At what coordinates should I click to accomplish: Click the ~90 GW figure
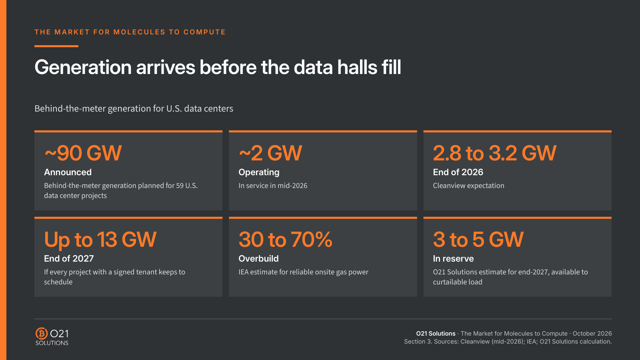click(83, 153)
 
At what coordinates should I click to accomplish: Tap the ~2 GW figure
click(270, 153)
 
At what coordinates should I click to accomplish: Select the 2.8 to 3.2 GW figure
click(494, 153)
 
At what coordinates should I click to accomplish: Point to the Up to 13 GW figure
click(100, 240)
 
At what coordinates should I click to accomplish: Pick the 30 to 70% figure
click(285, 240)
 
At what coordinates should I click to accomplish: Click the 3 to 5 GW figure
click(478, 240)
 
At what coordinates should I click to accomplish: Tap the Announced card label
click(68, 172)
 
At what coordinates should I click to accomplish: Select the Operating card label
click(259, 172)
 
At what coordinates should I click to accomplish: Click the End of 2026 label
click(458, 172)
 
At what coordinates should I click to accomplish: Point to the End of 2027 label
click(69, 258)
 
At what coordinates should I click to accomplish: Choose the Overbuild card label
click(258, 258)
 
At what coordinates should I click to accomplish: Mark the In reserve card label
click(453, 258)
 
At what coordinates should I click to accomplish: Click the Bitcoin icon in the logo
click(42, 334)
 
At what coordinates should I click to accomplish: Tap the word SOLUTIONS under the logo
click(52, 343)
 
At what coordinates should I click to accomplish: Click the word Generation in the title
click(83, 68)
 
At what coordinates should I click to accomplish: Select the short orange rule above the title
click(56, 46)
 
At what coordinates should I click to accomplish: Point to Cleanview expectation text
click(468, 186)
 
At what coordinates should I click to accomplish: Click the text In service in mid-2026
click(273, 186)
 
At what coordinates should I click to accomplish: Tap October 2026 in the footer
click(592, 334)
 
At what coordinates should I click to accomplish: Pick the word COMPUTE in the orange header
click(204, 32)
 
